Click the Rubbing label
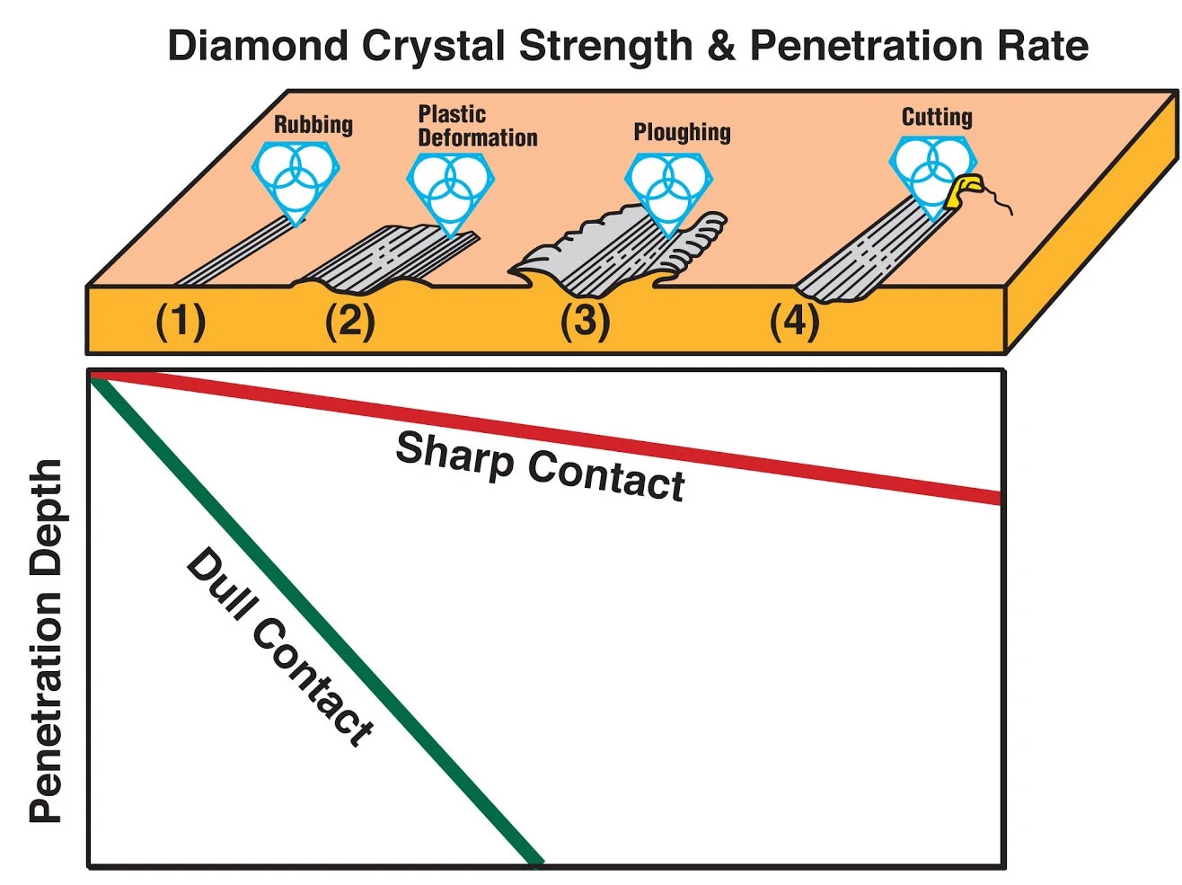click(313, 124)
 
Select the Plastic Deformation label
click(477, 126)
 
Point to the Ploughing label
click(682, 132)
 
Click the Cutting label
click(936, 117)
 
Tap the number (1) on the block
click(181, 321)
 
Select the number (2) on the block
click(349, 321)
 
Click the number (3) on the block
click(585, 321)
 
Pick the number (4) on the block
click(794, 321)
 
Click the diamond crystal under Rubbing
click(295, 178)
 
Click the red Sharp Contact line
click(808, 467)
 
